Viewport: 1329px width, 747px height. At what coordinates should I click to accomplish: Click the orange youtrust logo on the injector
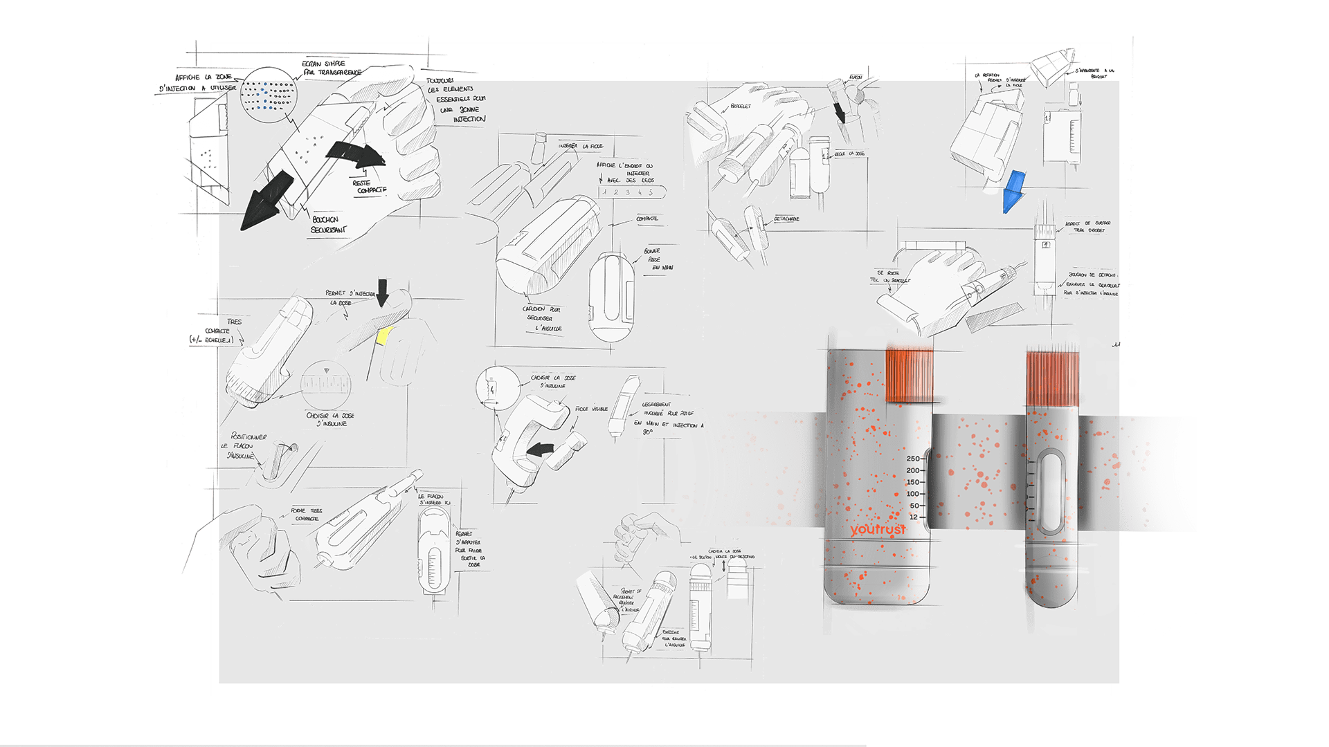click(878, 531)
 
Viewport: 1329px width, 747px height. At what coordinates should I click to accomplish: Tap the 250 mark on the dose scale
click(913, 459)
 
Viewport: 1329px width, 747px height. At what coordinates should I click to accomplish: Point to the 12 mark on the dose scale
click(914, 517)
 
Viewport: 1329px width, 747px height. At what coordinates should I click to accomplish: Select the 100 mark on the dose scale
click(913, 494)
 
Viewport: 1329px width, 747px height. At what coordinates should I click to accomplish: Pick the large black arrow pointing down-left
click(266, 201)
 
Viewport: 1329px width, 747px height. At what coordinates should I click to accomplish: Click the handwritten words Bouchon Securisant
click(328, 224)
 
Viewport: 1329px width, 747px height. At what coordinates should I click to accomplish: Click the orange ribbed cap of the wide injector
click(910, 376)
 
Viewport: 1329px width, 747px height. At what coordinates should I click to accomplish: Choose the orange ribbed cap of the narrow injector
click(1052, 378)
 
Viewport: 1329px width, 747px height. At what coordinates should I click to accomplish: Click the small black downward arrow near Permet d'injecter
click(382, 291)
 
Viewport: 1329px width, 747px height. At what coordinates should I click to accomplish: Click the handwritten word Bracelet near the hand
click(740, 107)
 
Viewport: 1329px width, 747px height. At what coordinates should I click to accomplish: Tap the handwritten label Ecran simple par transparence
click(331, 67)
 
